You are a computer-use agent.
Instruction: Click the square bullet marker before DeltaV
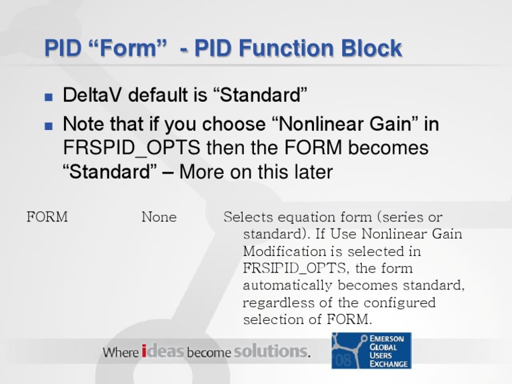[48, 97]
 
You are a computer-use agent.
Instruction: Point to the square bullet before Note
[48, 125]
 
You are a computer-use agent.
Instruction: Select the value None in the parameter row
[159, 217]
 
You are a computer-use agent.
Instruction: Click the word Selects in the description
[247, 217]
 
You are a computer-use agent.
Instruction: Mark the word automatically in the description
[288, 286]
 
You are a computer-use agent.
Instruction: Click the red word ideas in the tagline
[163, 351]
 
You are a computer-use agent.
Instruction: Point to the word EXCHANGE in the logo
[391, 363]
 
